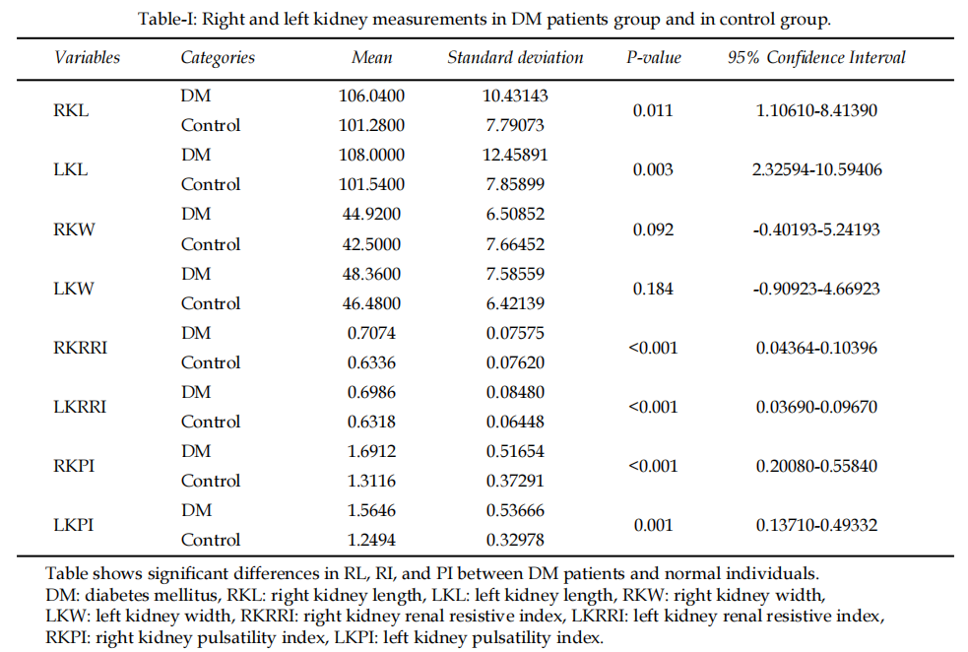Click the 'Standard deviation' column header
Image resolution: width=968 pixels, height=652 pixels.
pyautogui.click(x=515, y=57)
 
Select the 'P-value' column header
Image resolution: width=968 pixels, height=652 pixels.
pyautogui.click(x=654, y=57)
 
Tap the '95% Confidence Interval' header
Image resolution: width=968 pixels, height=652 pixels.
pyautogui.click(x=816, y=57)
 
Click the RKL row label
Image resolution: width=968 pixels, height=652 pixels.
pyautogui.click(x=71, y=110)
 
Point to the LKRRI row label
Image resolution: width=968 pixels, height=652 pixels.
pyautogui.click(x=78, y=407)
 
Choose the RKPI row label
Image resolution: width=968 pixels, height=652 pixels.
pyautogui.click(x=74, y=466)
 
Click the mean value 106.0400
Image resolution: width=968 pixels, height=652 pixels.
pyautogui.click(x=371, y=96)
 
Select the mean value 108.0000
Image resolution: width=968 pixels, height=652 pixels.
pyautogui.click(x=371, y=155)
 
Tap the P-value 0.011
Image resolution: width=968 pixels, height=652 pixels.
pyautogui.click(x=653, y=110)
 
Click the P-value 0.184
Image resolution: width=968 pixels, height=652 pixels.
pyautogui.click(x=653, y=289)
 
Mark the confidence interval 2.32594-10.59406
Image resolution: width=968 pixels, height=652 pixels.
pyautogui.click(x=816, y=169)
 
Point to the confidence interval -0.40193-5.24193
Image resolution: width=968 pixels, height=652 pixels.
pyautogui.click(x=816, y=229)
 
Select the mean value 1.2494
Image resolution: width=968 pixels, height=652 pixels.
pyautogui.click(x=371, y=540)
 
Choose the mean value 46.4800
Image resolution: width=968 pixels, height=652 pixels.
pyautogui.click(x=371, y=303)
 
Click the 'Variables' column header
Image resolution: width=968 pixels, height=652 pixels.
pyautogui.click(x=87, y=57)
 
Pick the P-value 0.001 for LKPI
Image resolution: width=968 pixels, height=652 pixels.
pyautogui.click(x=653, y=525)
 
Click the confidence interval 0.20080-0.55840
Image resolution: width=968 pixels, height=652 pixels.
pyautogui.click(x=816, y=466)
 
